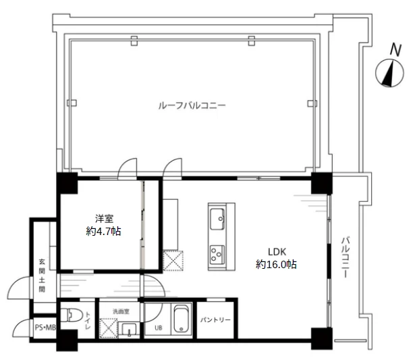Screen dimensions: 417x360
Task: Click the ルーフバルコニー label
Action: (x=192, y=106)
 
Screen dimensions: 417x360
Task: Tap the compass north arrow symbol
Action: (x=389, y=73)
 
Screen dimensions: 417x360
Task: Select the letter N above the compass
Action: (x=395, y=50)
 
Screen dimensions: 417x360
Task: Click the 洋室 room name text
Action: (x=104, y=219)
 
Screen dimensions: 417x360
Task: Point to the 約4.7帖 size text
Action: (x=103, y=231)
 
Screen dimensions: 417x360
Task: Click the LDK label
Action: (x=277, y=252)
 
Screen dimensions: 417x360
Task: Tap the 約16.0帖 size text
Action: (x=277, y=264)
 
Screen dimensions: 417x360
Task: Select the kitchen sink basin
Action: (x=217, y=219)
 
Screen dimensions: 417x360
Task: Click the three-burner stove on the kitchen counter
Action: (x=217, y=254)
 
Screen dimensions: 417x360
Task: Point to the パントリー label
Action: (x=215, y=319)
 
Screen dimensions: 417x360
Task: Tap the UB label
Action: (x=159, y=328)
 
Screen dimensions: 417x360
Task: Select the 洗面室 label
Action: (x=121, y=311)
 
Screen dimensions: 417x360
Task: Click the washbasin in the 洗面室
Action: (x=129, y=330)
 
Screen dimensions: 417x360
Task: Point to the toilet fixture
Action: (x=70, y=315)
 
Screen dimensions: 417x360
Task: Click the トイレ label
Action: (x=88, y=320)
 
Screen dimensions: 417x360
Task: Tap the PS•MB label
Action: (x=45, y=328)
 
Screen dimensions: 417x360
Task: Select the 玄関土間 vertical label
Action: (x=42, y=276)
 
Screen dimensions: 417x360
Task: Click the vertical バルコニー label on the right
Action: (x=345, y=257)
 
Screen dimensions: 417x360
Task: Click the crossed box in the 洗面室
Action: (x=109, y=328)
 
